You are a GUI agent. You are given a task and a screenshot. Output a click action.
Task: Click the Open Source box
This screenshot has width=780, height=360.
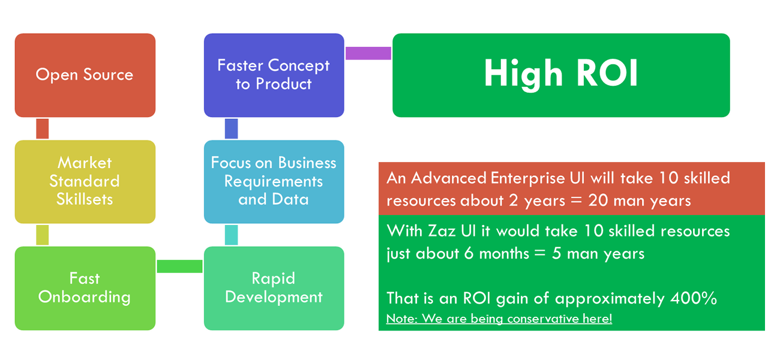[85, 75]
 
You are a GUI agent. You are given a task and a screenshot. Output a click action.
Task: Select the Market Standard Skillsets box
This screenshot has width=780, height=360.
[85, 182]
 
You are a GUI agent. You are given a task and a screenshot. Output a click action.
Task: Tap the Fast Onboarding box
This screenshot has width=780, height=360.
[85, 288]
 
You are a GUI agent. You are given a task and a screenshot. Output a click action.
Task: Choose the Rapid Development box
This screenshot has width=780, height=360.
[274, 288]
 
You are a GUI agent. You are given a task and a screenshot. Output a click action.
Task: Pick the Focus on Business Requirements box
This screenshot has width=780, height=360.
[274, 182]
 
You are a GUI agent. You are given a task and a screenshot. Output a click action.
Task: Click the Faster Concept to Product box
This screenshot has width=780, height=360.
[274, 75]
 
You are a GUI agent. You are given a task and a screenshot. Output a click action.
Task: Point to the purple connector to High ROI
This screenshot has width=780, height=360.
[368, 53]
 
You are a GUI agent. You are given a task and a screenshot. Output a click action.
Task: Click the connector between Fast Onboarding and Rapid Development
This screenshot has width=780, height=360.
[179, 266]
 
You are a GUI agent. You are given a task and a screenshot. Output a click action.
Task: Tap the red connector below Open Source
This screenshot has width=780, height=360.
[43, 129]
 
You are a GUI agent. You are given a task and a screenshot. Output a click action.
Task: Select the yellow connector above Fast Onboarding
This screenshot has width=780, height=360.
[43, 235]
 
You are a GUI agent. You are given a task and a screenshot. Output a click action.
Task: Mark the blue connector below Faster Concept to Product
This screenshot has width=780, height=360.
[232, 129]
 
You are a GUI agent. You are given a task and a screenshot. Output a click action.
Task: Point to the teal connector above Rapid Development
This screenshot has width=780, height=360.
[232, 235]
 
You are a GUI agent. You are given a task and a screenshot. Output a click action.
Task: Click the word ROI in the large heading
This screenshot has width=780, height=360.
[607, 73]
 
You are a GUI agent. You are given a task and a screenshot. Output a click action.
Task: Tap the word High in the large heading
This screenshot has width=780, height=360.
[523, 74]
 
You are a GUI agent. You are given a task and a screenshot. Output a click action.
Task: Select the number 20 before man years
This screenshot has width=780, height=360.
[598, 200]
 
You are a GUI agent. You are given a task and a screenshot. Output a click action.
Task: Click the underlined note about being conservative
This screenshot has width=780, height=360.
[499, 319]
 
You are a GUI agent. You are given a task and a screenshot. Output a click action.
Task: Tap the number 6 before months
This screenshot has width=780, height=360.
[469, 253]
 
